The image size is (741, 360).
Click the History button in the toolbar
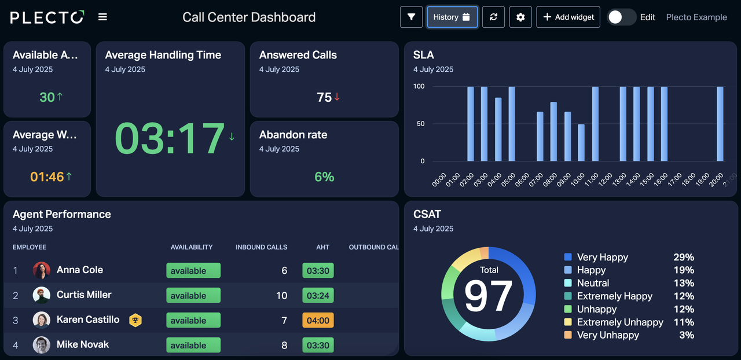453,17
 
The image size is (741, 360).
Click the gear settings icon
520,17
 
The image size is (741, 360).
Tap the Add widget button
568,17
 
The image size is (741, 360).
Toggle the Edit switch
621,17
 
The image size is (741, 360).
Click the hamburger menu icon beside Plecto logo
102,17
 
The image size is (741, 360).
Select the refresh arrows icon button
493,17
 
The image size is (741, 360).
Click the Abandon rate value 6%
324,177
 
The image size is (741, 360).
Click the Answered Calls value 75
324,97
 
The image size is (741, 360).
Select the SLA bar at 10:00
581,142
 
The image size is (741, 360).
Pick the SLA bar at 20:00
720,124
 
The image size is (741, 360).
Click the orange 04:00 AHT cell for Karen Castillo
318,321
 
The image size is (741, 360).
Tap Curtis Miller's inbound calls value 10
281,296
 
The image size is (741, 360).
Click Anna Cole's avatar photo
42,270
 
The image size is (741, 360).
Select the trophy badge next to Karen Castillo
135,319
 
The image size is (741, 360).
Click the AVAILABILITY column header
192,247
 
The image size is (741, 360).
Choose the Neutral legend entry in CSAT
593,283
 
